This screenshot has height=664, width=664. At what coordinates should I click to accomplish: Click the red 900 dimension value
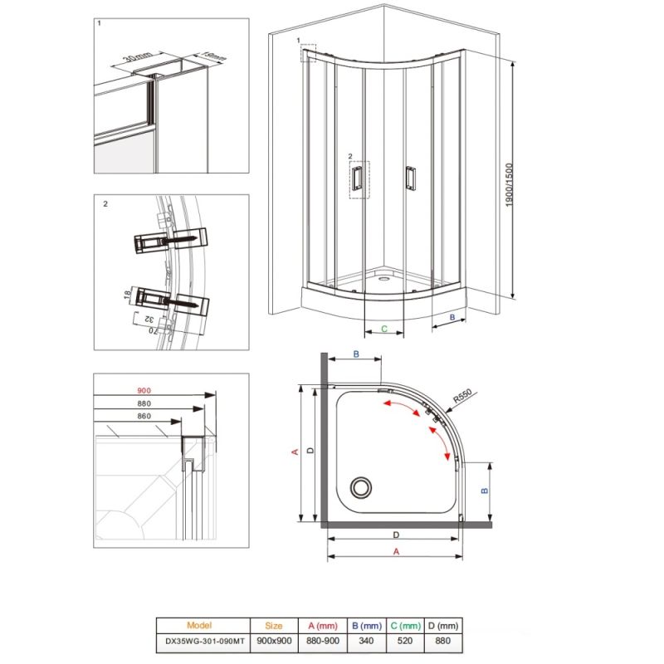pyautogui.click(x=145, y=391)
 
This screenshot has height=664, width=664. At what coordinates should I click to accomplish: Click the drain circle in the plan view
pyautogui.click(x=362, y=486)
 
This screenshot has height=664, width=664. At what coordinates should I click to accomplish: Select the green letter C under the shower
pyautogui.click(x=384, y=329)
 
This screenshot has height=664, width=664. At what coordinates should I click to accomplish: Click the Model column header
pyautogui.click(x=203, y=626)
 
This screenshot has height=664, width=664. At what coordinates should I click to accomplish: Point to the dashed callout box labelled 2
pyautogui.click(x=359, y=180)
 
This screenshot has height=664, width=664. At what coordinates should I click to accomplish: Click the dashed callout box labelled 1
pyautogui.click(x=308, y=52)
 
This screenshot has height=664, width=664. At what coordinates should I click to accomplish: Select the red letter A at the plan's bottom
pyautogui.click(x=396, y=550)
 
